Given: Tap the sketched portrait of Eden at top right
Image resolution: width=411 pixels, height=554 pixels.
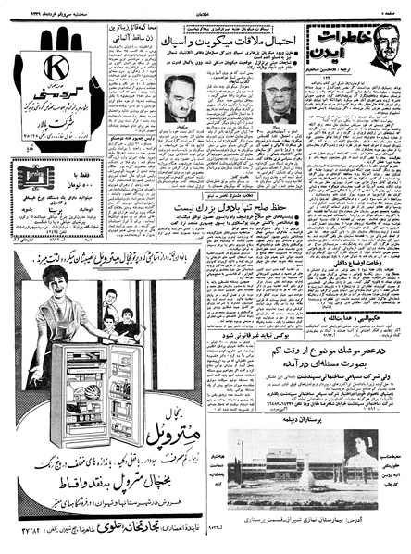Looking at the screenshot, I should click(381, 51).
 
